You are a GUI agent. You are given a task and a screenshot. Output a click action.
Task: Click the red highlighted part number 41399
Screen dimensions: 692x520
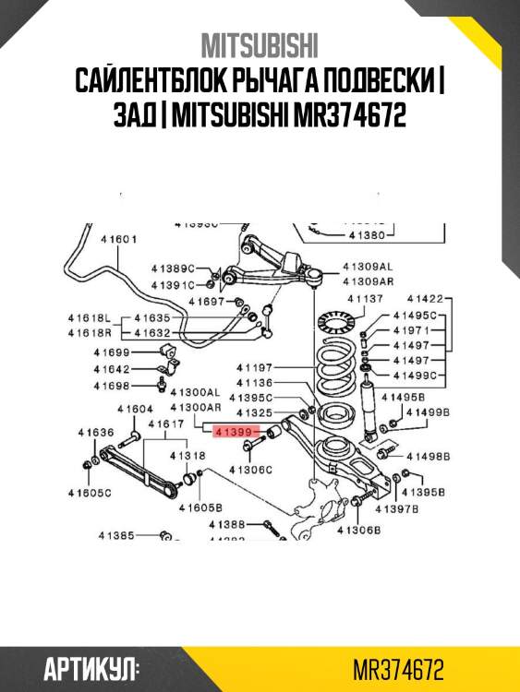[232, 431]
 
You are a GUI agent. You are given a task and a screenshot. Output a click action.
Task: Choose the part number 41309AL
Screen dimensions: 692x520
[367, 265]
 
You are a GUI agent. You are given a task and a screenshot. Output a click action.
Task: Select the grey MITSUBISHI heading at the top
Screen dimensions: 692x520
[260, 46]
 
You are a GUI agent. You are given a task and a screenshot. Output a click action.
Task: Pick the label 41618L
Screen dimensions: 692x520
[89, 317]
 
